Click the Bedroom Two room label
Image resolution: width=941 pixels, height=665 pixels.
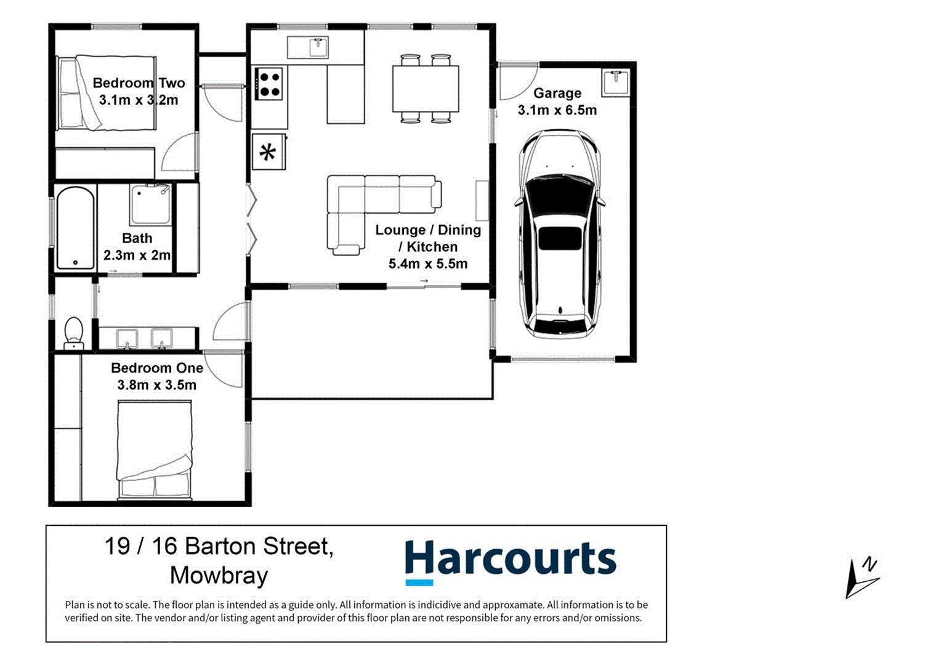click(139, 83)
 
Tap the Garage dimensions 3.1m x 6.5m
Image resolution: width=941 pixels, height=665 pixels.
click(557, 110)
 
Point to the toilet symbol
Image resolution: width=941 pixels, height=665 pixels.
click(73, 332)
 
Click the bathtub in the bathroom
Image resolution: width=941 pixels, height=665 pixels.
click(75, 228)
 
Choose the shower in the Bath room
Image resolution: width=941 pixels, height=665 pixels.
click(151, 204)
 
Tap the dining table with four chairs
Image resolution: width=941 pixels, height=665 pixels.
click(426, 89)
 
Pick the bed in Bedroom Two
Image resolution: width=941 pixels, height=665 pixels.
click(106, 93)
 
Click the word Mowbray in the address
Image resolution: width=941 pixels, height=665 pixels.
click(219, 576)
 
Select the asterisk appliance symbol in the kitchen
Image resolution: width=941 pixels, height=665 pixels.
click(268, 152)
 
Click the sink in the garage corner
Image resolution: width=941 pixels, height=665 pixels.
click(615, 83)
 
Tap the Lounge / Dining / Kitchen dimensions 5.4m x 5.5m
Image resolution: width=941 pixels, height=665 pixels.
click(427, 264)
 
